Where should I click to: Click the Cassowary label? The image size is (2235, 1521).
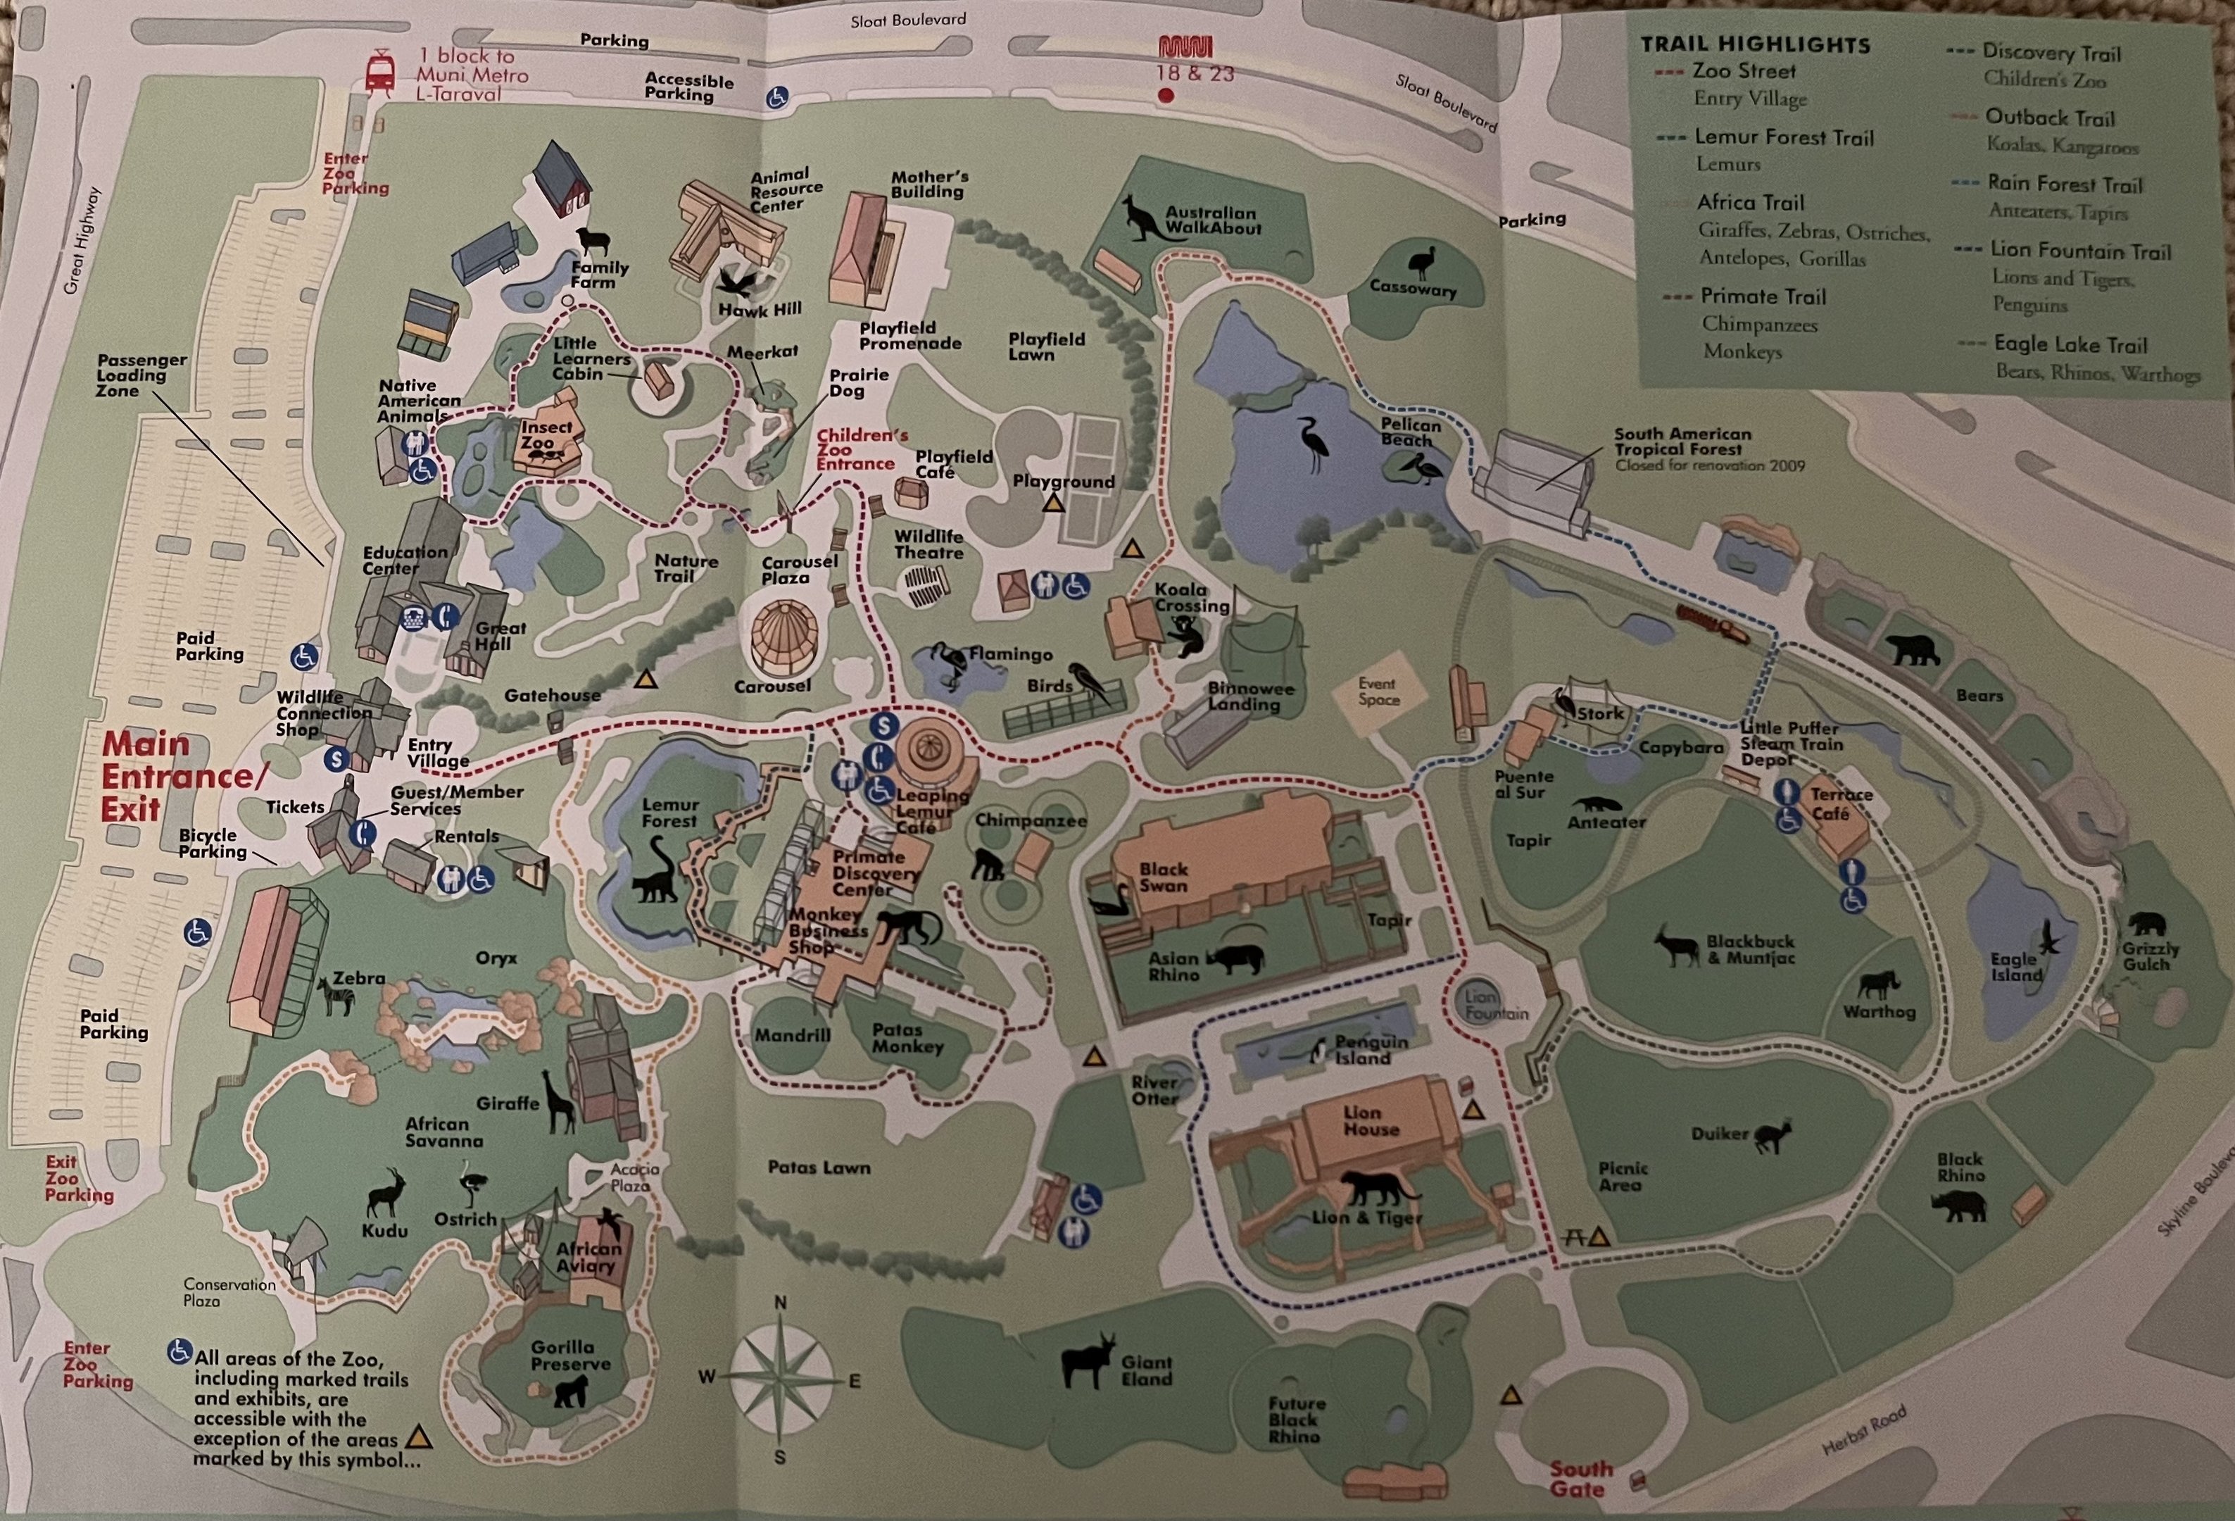(1413, 288)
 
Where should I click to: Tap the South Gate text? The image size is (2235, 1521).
(1578, 1478)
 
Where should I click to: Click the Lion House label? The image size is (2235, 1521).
(1371, 1121)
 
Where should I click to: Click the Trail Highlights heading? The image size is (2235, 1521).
(1754, 44)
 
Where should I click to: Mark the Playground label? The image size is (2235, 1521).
(1063, 481)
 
